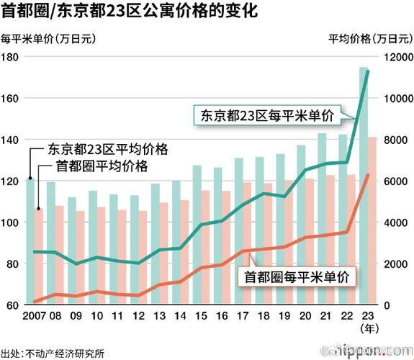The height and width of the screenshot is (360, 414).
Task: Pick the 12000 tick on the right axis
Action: click(397, 57)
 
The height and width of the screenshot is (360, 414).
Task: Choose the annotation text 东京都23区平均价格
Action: click(108, 150)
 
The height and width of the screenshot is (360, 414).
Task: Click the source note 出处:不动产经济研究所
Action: click(53, 353)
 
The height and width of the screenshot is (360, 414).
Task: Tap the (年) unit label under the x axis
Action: click(367, 329)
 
